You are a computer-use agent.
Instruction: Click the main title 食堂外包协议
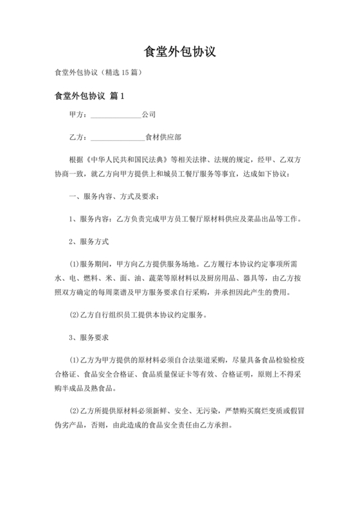[179, 51]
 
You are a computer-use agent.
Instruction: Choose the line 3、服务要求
[88, 337]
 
